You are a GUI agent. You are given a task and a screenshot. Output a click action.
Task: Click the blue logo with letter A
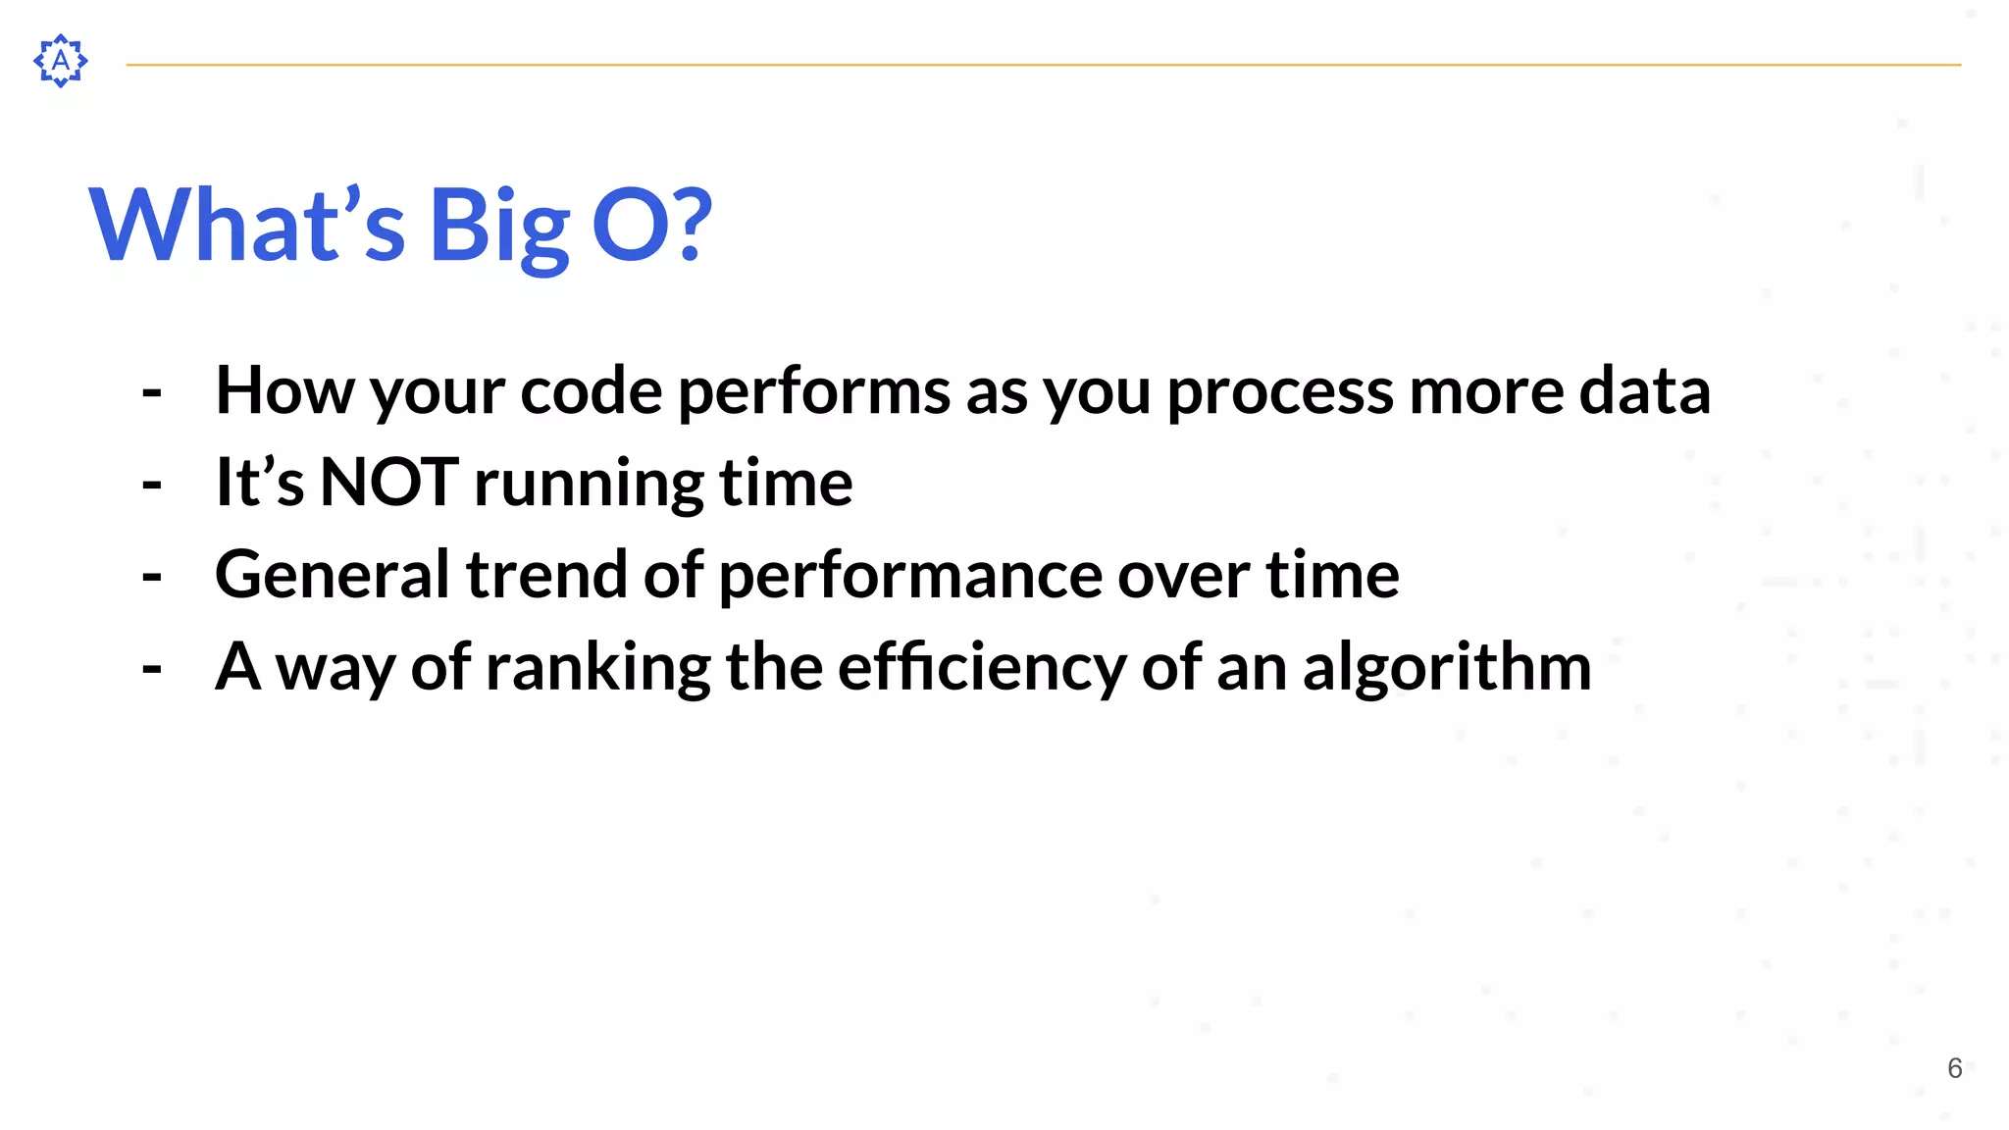[61, 61]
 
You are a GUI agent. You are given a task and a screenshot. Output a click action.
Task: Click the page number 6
[1954, 1068]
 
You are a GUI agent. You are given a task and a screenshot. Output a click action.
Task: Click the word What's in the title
[246, 226]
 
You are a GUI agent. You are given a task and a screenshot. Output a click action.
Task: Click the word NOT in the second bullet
[388, 483]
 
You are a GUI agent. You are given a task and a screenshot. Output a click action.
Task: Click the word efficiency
[981, 667]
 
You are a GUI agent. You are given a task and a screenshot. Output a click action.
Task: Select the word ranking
[597, 667]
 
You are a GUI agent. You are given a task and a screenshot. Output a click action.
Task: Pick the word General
[332, 575]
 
